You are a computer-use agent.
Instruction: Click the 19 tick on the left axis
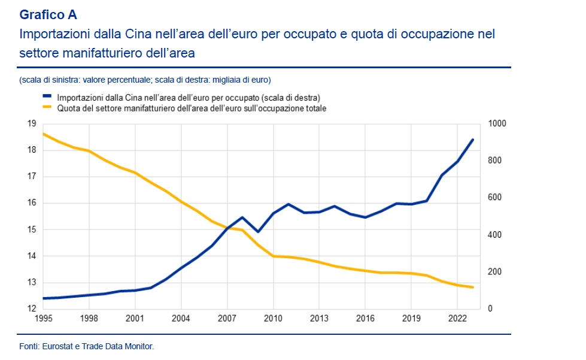31,123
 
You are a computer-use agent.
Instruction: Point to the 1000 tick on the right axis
497,123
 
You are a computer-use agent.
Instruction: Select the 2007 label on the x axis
227,318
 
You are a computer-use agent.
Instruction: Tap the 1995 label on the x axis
43,318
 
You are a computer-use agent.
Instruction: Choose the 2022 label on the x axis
457,318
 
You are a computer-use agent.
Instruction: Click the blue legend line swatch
48,97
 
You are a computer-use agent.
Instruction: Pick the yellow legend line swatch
48,108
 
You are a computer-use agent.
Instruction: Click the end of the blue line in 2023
473,140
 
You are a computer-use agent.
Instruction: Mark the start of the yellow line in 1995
43,134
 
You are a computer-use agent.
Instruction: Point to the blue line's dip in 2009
258,232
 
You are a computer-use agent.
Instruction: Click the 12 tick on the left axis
31,308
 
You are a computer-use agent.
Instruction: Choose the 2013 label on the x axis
318,318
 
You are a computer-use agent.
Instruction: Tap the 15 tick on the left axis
31,229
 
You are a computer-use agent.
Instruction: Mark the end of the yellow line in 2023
473,288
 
